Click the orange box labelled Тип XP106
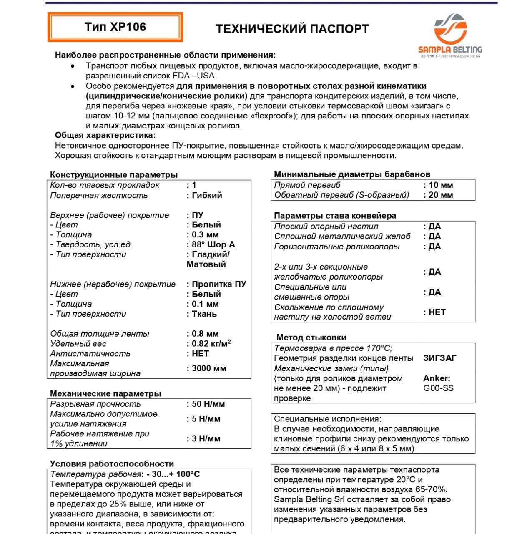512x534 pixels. pyautogui.click(x=115, y=27)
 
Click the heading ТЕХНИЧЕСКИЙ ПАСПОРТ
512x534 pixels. pyautogui.click(x=292, y=29)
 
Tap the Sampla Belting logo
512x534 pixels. pyautogui.click(x=450, y=35)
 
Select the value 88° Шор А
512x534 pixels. pyautogui.click(x=213, y=244)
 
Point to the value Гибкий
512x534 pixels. pyautogui.click(x=207, y=195)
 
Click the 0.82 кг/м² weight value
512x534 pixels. pyautogui.click(x=211, y=344)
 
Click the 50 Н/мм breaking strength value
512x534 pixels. pyautogui.click(x=208, y=404)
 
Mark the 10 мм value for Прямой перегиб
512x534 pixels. pyautogui.click(x=440, y=185)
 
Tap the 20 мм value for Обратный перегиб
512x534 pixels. pyautogui.click(x=440, y=195)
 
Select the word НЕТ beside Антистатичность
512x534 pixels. pyautogui.click(x=200, y=353)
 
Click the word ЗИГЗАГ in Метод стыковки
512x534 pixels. pyautogui.click(x=439, y=358)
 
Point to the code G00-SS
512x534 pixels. pyautogui.click(x=438, y=388)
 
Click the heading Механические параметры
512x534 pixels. pyautogui.click(x=105, y=393)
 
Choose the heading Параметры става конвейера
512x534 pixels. pyautogui.click(x=335, y=216)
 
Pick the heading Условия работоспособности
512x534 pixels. pyautogui.click(x=112, y=463)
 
